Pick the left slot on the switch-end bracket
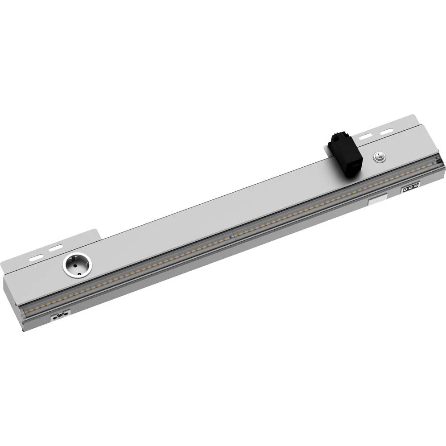tap(367, 135)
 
